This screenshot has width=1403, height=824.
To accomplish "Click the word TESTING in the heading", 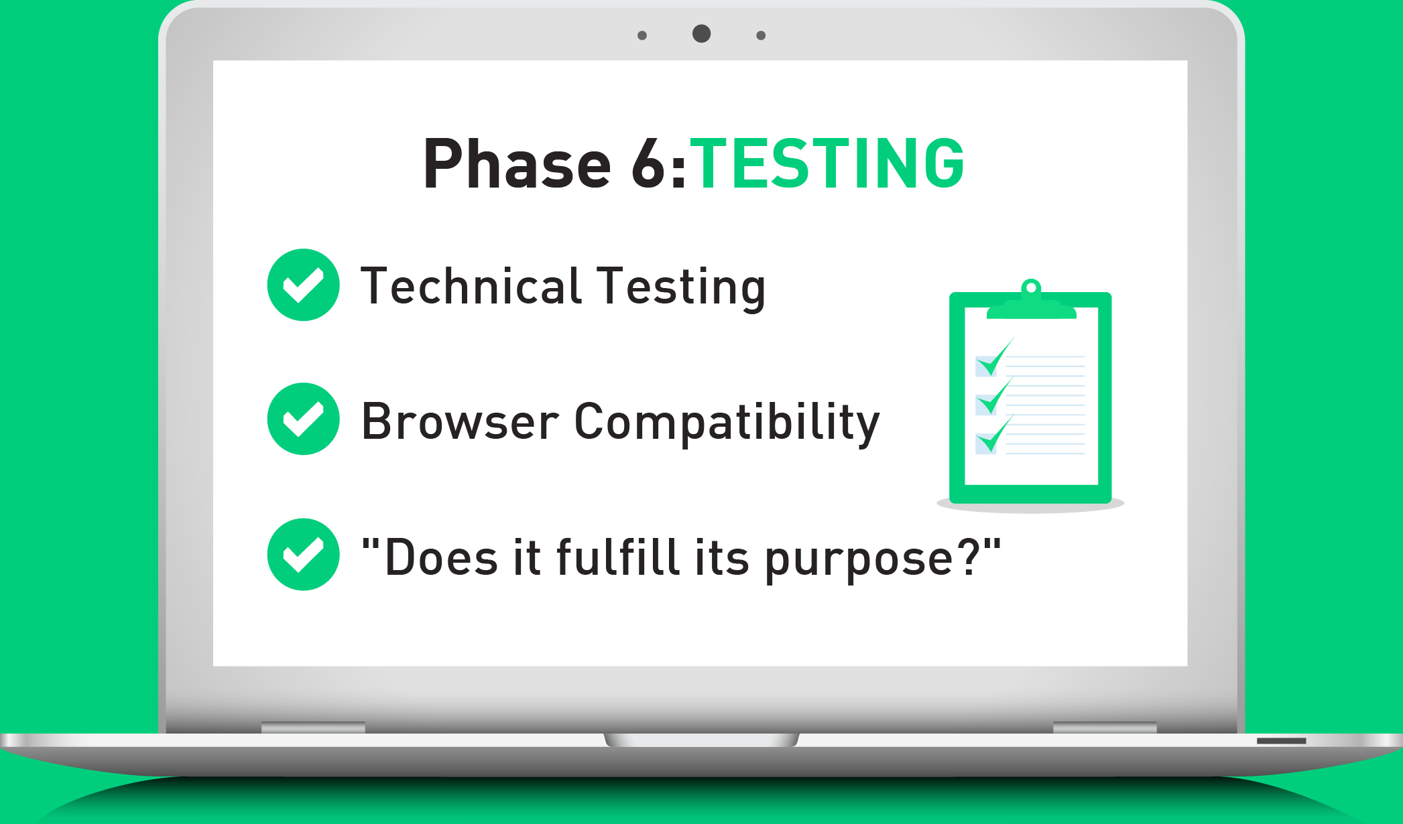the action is pyautogui.click(x=827, y=163).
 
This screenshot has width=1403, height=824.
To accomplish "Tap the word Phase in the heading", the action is pyautogui.click(x=517, y=163).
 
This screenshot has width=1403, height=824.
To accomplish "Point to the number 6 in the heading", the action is pyautogui.click(x=648, y=163).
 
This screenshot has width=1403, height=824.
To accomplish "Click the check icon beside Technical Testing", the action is pyautogui.click(x=304, y=285).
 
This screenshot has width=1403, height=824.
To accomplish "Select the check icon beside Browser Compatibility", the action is pyautogui.click(x=304, y=419).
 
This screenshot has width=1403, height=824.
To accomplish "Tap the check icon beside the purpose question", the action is pyautogui.click(x=304, y=554).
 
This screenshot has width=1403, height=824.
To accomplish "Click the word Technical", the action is pyautogui.click(x=471, y=285).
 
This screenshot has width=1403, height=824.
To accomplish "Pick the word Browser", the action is pyautogui.click(x=460, y=421).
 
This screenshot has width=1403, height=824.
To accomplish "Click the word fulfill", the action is pyautogui.click(x=618, y=556).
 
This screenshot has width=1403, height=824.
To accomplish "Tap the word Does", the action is pyautogui.click(x=441, y=557).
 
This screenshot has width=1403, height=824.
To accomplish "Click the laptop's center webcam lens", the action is pyautogui.click(x=701, y=33).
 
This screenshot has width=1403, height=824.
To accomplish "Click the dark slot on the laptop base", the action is pyautogui.click(x=1282, y=741).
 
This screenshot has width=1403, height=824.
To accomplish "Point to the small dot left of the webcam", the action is pyautogui.click(x=642, y=36).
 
